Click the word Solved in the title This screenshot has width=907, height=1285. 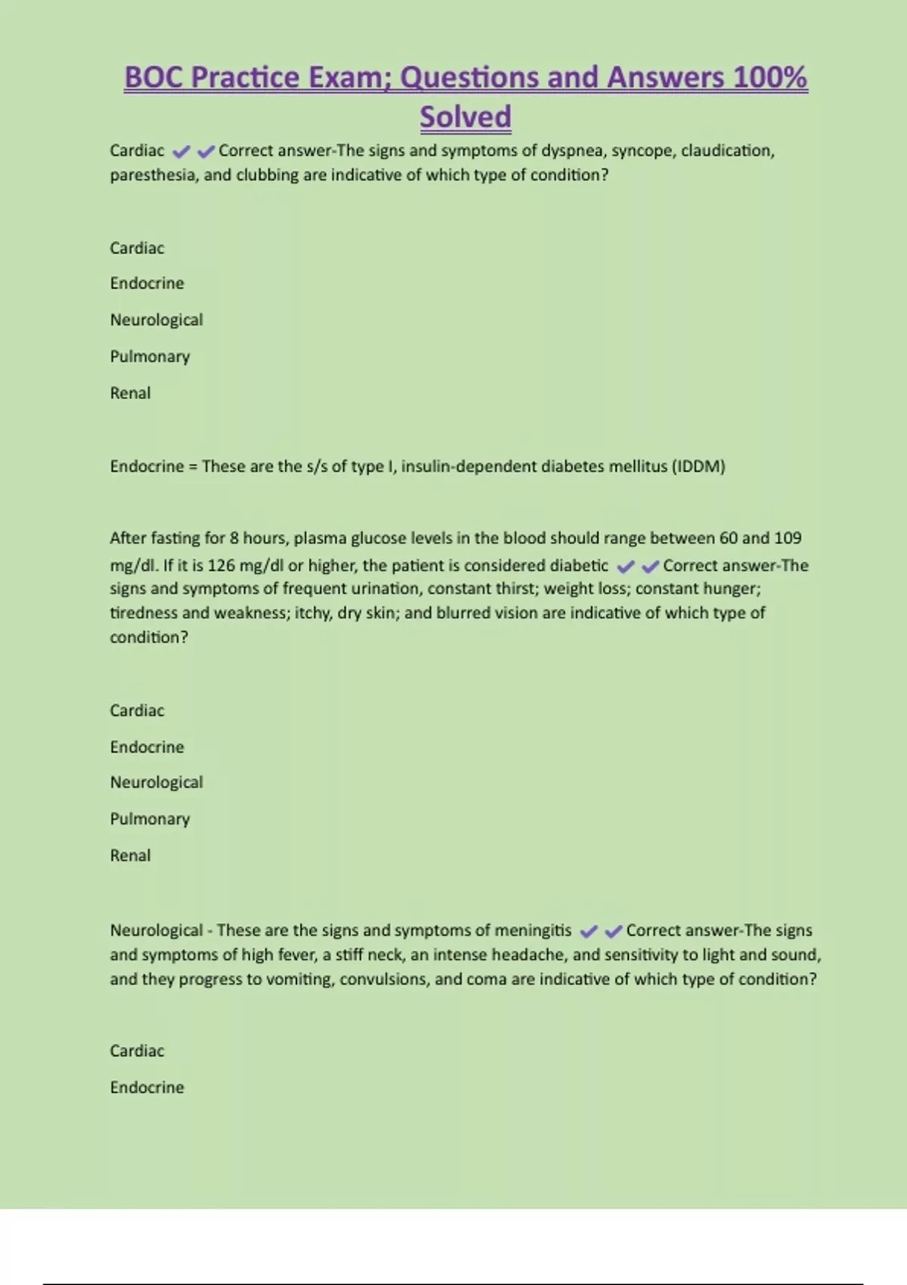[x=466, y=117]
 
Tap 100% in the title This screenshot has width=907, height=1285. [x=770, y=78]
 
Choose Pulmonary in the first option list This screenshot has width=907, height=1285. [x=150, y=357]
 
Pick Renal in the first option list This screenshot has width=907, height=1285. [x=130, y=393]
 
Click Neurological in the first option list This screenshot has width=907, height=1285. [x=156, y=320]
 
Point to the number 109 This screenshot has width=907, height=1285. [x=788, y=538]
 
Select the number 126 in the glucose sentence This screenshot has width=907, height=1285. [x=221, y=565]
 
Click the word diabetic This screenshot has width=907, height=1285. [x=578, y=565]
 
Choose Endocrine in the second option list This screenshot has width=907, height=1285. [x=147, y=747]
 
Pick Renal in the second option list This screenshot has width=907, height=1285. [x=130, y=856]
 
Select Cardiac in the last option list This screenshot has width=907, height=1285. [x=137, y=1051]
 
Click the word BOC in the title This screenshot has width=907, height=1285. [x=154, y=78]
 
